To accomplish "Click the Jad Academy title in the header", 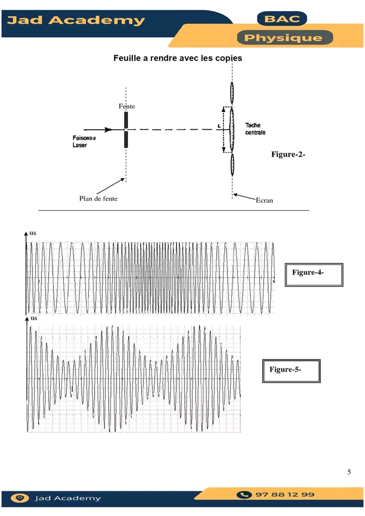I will coord(76,21).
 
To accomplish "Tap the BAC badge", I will coord(282,20).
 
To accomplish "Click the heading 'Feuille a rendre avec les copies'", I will coord(177,58).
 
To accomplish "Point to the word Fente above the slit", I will coord(127,106).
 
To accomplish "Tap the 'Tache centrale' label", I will coord(255,129).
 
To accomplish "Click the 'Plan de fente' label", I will coord(98,199).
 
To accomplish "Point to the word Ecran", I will coord(264,200).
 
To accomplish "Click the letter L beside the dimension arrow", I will coord(218,126).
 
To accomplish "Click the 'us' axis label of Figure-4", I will coord(33,233).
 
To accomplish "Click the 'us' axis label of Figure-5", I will coord(34,318).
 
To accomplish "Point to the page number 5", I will coord(349,472).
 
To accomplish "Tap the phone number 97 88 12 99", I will coord(284,494).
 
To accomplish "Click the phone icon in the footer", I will coord(245,494).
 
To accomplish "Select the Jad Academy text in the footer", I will coord(67,498).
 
